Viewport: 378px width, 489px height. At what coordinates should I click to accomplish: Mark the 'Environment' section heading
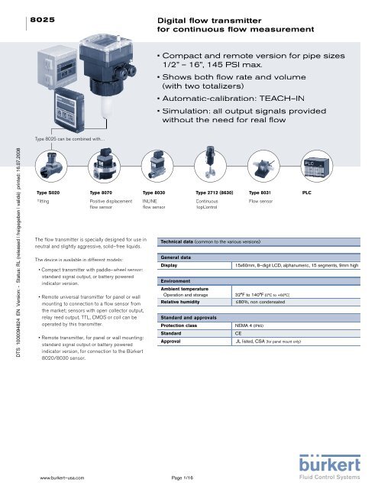pos(173,282)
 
